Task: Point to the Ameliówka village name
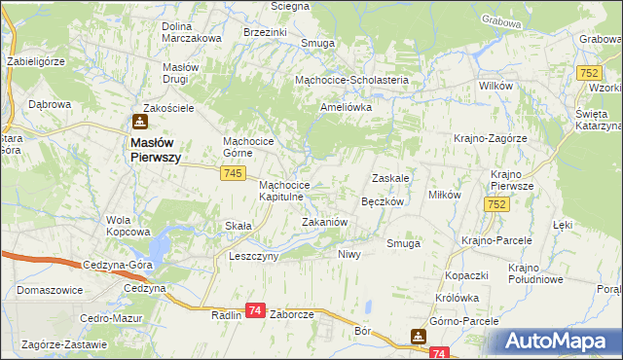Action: (348, 108)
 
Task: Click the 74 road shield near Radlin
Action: (255, 309)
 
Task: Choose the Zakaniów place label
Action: (324, 222)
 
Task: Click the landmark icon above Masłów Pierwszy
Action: (139, 122)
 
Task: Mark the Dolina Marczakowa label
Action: (192, 31)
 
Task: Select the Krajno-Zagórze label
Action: (490, 138)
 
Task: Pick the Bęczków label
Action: (383, 201)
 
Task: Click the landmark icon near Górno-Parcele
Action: (418, 337)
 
